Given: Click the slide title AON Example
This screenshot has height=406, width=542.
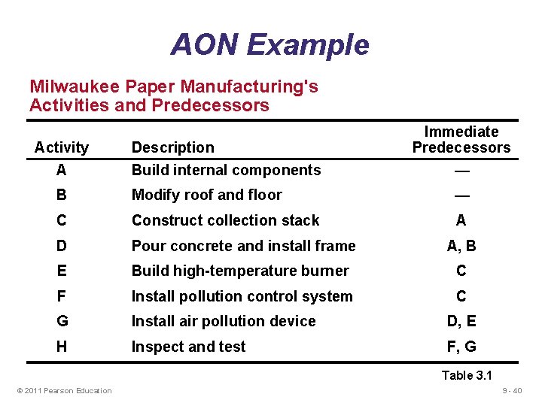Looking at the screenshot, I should pos(269,44).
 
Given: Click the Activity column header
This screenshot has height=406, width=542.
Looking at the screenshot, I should pos(62,147).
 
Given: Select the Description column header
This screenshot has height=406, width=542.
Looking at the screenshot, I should pos(172,147).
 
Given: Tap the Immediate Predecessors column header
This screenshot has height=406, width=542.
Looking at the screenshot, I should pos(461,140).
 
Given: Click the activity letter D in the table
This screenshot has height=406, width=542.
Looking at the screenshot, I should pos(61,246).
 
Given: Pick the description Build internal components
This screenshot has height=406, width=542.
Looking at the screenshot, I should pos(226,170).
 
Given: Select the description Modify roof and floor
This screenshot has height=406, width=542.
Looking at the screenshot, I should pos(206,195).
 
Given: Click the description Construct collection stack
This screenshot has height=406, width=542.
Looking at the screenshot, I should pos(225,220).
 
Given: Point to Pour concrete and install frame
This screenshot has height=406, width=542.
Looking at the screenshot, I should pos(243,246).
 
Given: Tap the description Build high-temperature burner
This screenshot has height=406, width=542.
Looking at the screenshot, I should pos(240,271).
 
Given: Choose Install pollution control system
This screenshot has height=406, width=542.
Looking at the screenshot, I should pos(242,296).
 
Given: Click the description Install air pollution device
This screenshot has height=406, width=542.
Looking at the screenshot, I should pos(224,321).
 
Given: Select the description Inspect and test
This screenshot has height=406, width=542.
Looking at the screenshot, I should pos(188,347).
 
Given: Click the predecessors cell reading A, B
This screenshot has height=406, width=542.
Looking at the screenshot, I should pos(461,246).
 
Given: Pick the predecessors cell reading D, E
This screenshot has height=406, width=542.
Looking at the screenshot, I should pos(461,321).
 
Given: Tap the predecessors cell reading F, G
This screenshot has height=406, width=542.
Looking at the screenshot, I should pos(461,347).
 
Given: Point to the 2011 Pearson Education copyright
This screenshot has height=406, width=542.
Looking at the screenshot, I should pos(62,390).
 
